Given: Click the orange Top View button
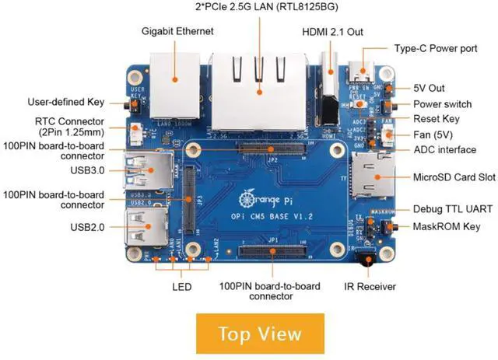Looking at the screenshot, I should tap(260, 334).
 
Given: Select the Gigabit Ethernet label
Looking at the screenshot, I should tap(177, 31).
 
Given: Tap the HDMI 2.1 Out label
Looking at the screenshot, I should tap(332, 33).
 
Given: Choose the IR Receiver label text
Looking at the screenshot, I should tap(370, 287).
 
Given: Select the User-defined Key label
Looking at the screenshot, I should tap(65, 101).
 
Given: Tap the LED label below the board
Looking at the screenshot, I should tap(181, 286).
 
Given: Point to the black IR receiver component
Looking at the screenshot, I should tap(363, 259).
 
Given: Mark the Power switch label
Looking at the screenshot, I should tap(442, 104).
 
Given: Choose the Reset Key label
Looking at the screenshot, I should tap(436, 119).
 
